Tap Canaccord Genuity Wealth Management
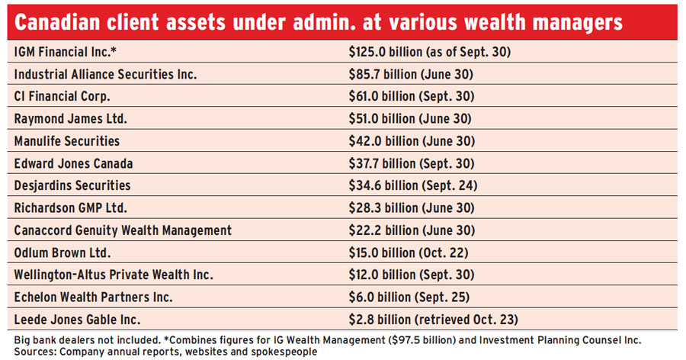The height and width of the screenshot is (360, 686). point(123,230)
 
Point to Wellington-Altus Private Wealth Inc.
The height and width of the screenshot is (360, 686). point(114,274)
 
